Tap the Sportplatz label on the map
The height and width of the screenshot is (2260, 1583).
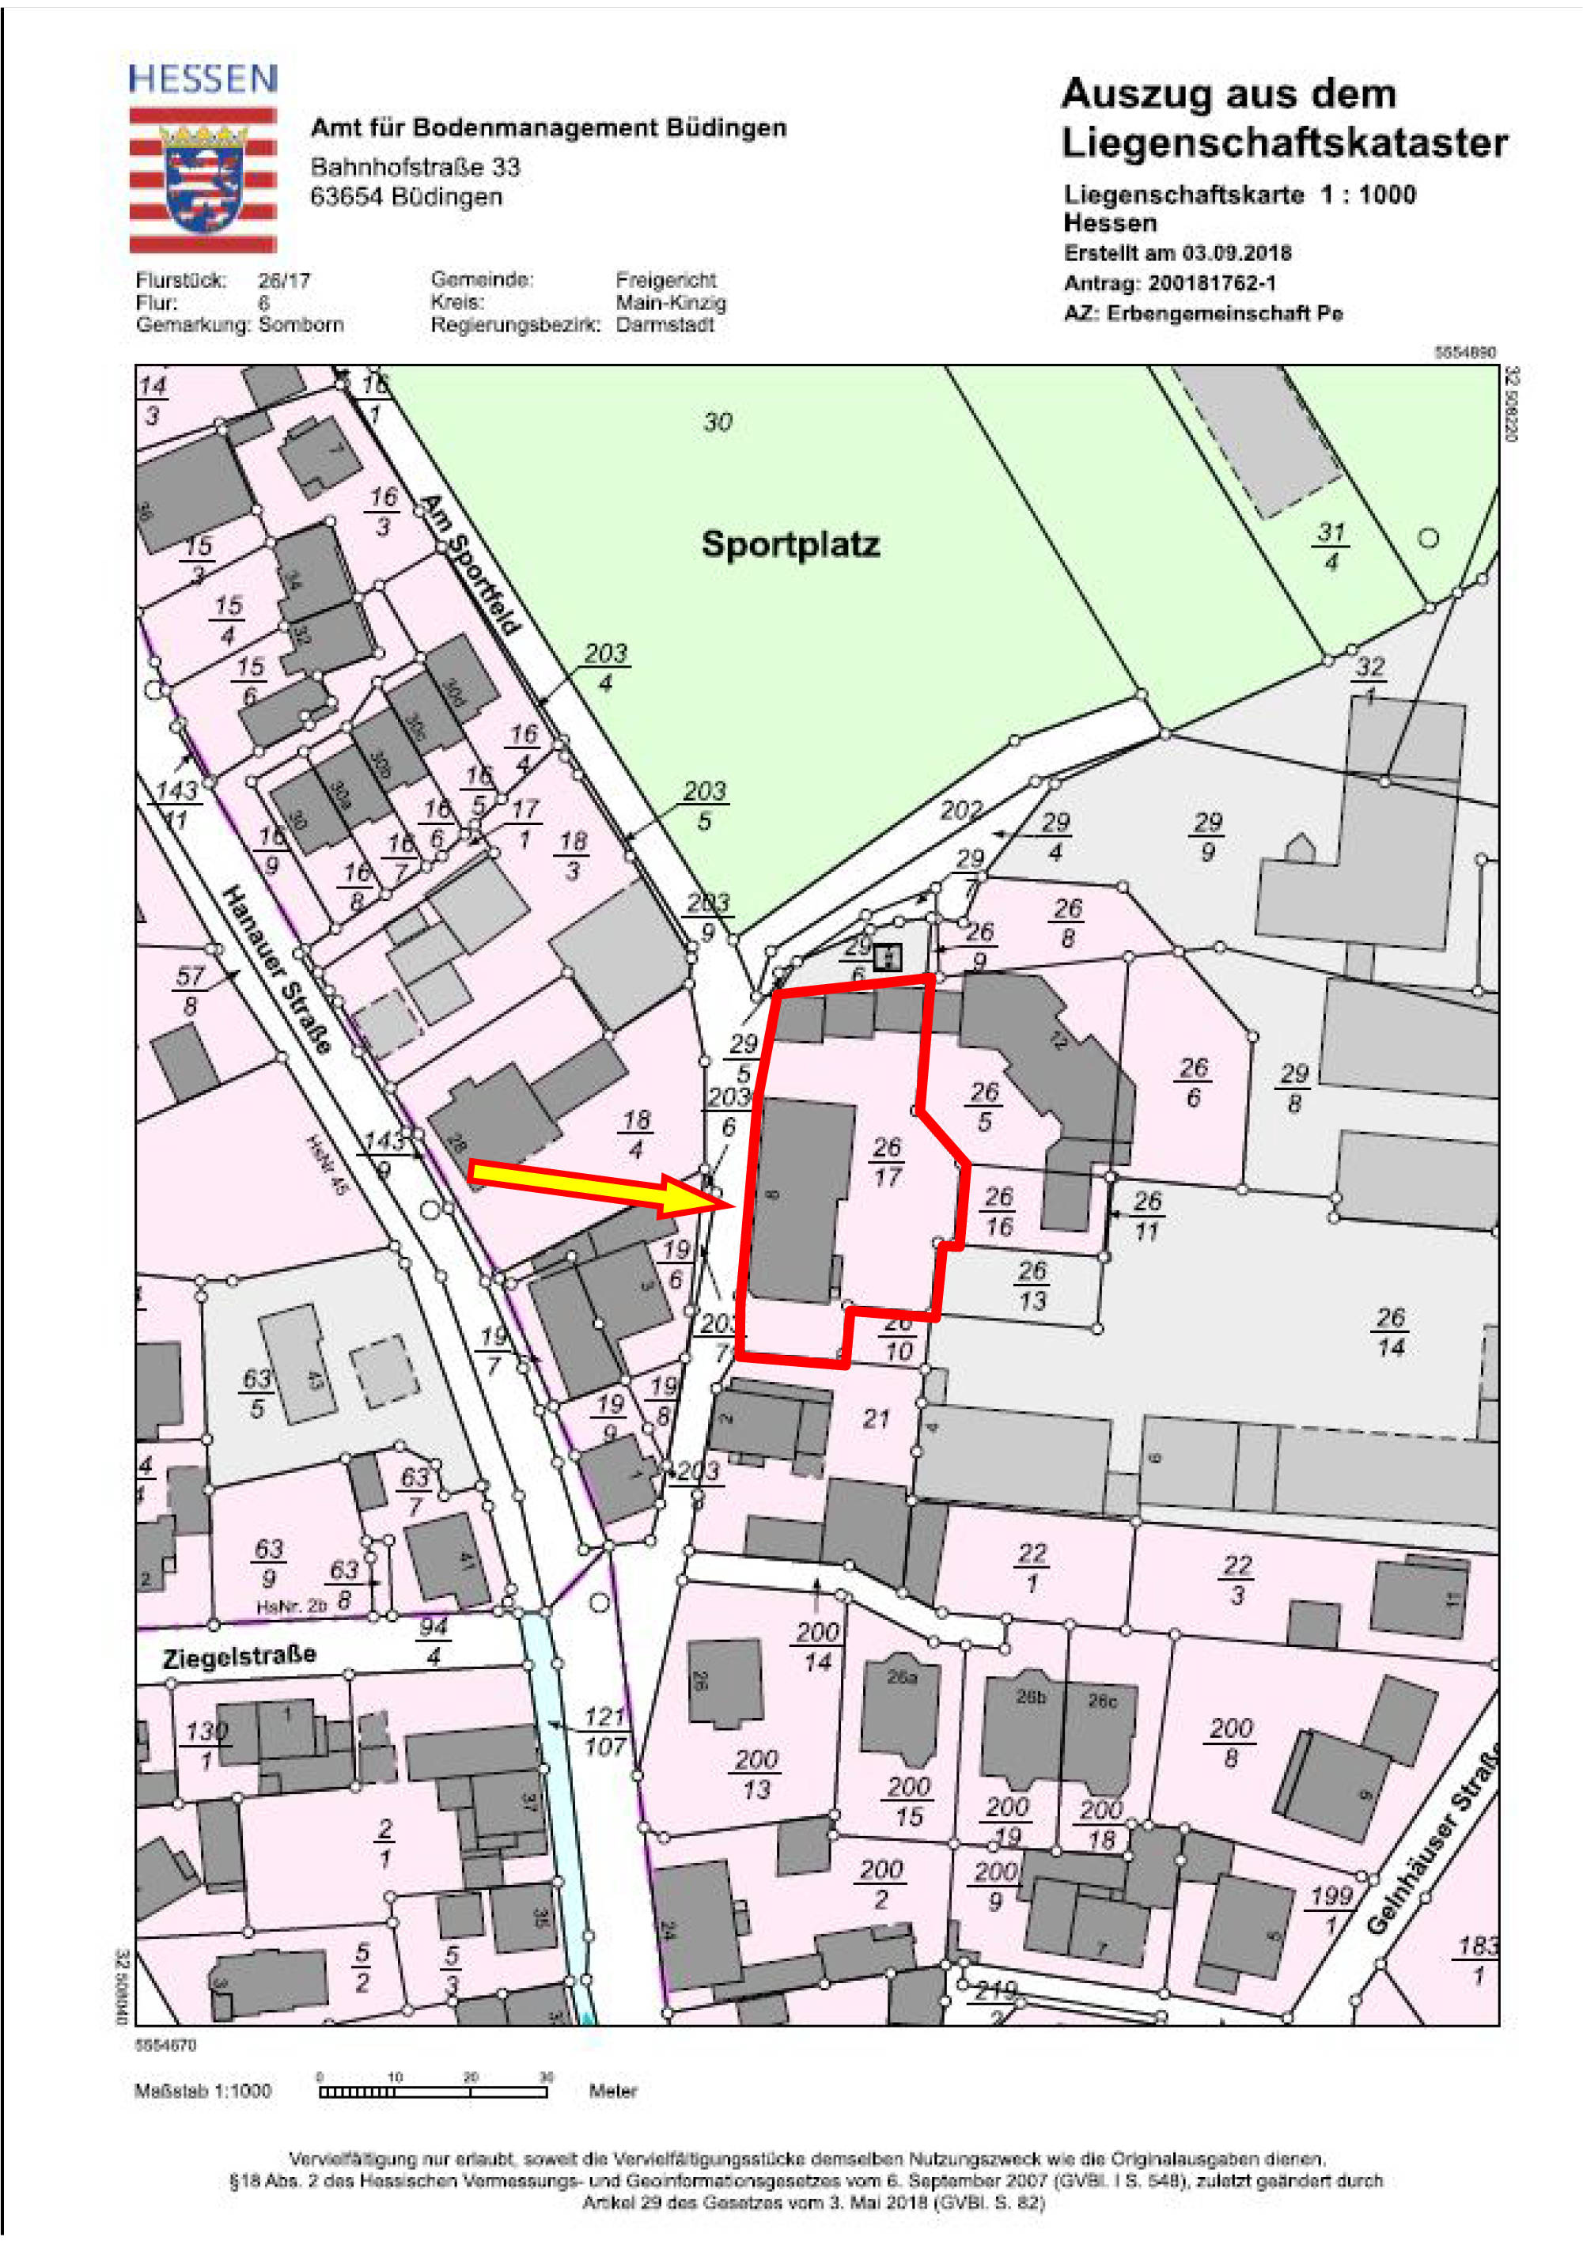(x=790, y=544)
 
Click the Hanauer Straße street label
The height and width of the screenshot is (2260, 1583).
(x=275, y=968)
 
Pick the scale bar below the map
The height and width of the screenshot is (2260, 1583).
(x=434, y=2092)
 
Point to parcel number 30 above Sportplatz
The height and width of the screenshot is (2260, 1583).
(x=718, y=422)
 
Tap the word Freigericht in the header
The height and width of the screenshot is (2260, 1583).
(x=665, y=279)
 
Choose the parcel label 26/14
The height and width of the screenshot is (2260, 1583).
(x=1390, y=1332)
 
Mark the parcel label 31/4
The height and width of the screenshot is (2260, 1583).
(x=1331, y=547)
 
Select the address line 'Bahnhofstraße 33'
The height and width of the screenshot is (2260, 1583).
(x=415, y=166)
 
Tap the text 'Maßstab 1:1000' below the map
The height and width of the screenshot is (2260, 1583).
(x=203, y=2091)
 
